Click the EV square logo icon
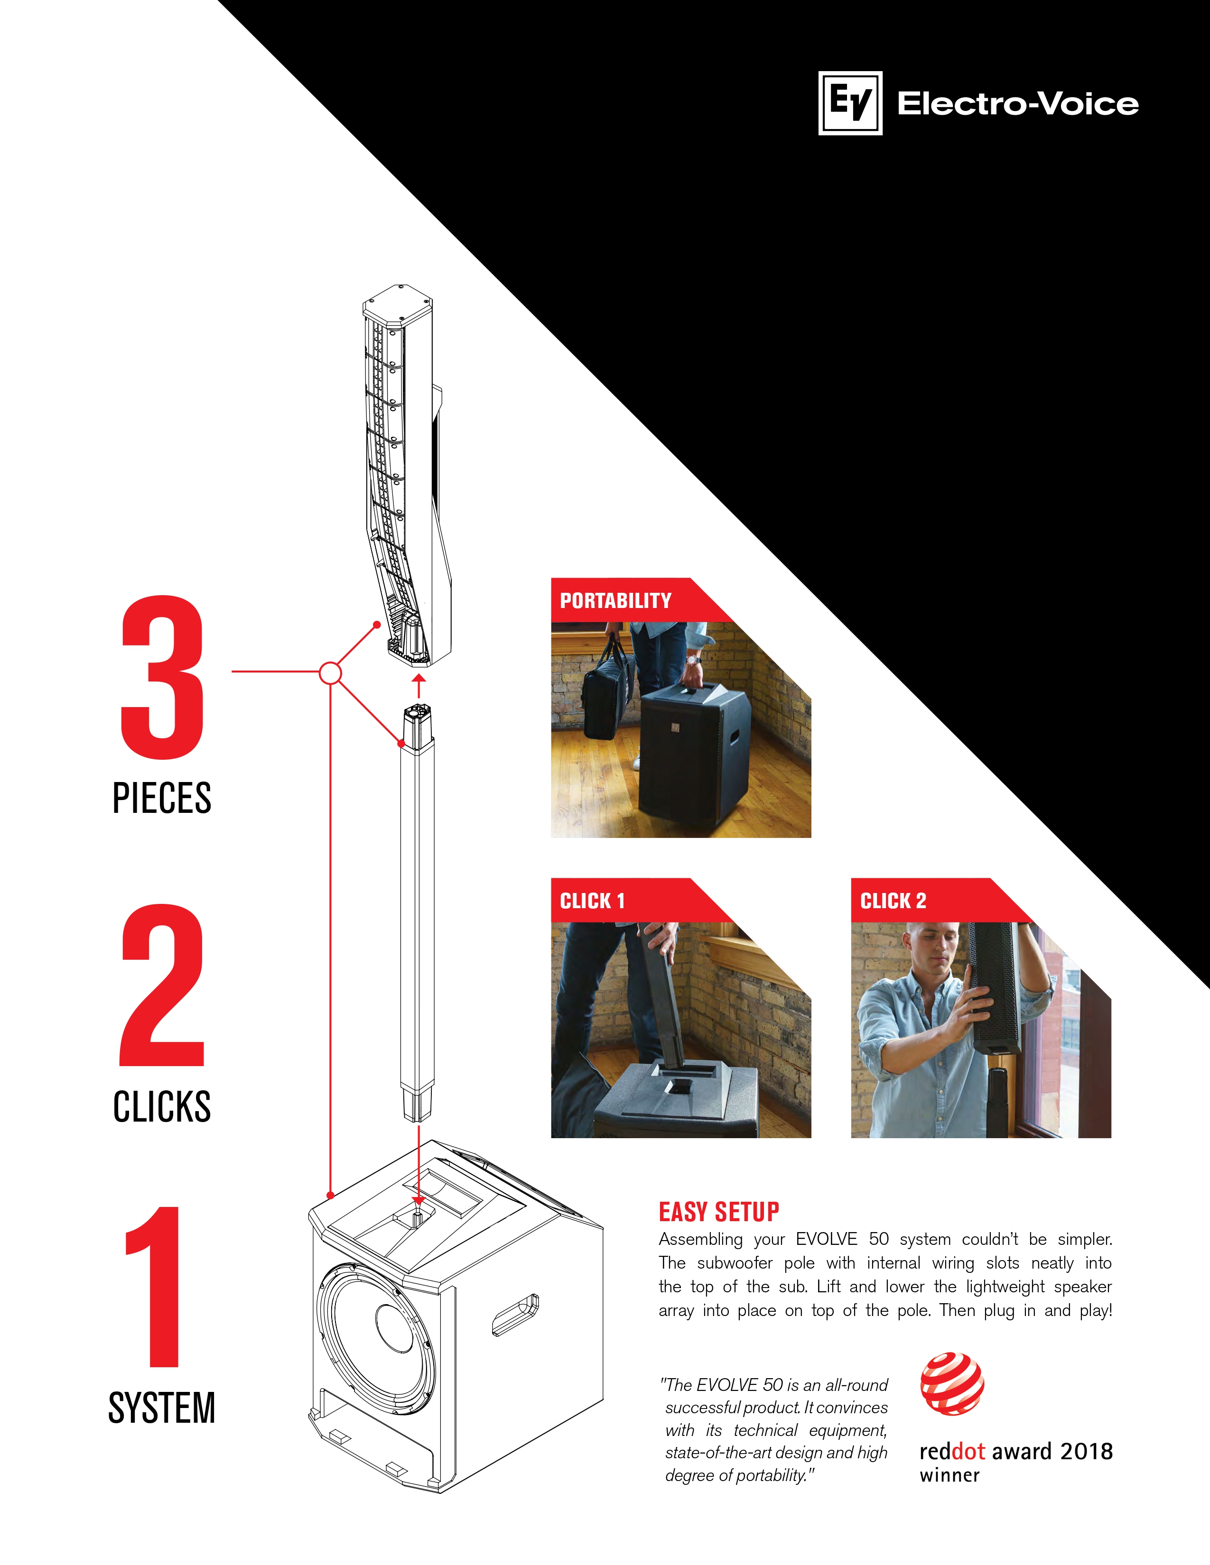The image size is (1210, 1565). click(x=850, y=103)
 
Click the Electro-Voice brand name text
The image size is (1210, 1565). click(x=1018, y=104)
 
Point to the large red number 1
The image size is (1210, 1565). click(x=155, y=1286)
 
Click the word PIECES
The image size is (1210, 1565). click(x=162, y=798)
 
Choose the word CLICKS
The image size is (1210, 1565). click(x=162, y=1106)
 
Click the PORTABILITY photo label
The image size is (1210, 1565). click(x=616, y=600)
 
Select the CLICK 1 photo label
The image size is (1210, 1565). click(x=592, y=901)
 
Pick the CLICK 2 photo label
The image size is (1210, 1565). click(x=893, y=901)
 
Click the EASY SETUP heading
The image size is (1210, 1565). click(x=719, y=1212)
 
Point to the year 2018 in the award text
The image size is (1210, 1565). click(x=1086, y=1451)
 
